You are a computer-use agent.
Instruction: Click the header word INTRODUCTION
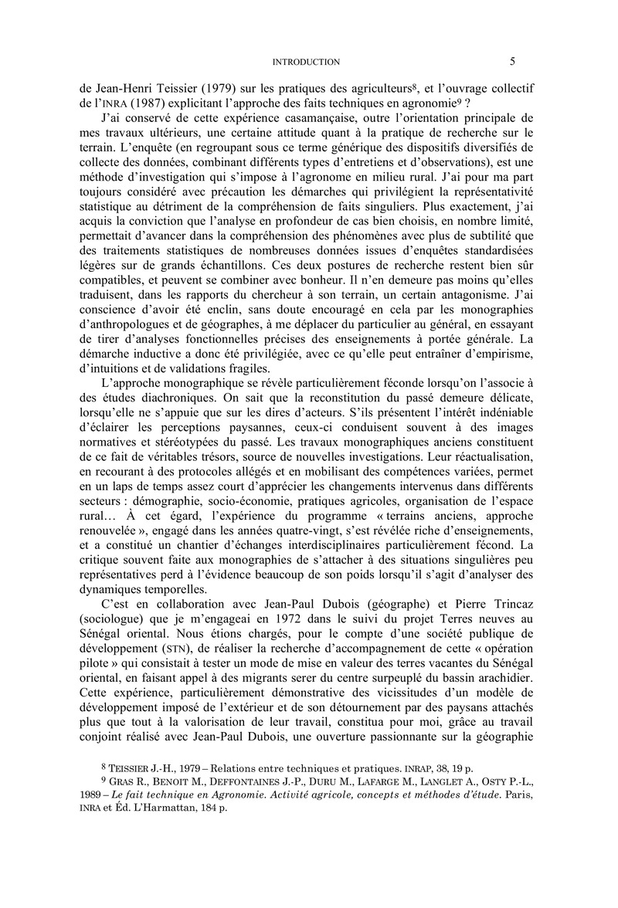[x=307, y=62]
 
